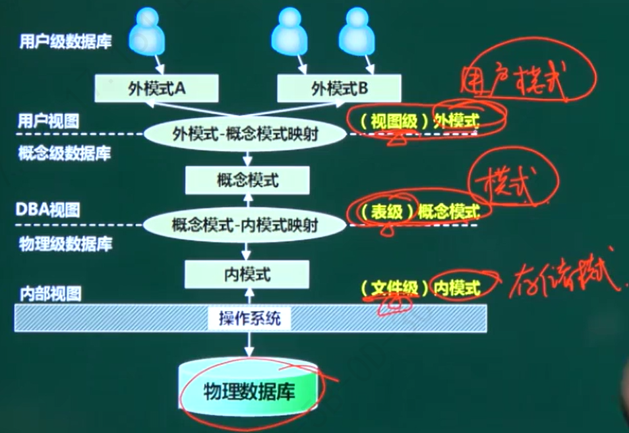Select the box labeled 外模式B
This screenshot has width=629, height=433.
pyautogui.click(x=338, y=88)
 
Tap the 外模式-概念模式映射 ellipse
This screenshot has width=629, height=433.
pyautogui.click(x=246, y=134)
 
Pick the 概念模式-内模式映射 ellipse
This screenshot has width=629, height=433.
pyautogui.click(x=245, y=225)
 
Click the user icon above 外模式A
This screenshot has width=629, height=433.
pyautogui.click(x=146, y=33)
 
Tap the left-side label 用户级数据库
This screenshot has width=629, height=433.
pyautogui.click(x=65, y=42)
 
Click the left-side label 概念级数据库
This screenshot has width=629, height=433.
pyautogui.click(x=65, y=154)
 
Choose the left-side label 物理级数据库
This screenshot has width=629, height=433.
pyautogui.click(x=65, y=245)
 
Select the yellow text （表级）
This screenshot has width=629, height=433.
pyautogui.click(x=384, y=212)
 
